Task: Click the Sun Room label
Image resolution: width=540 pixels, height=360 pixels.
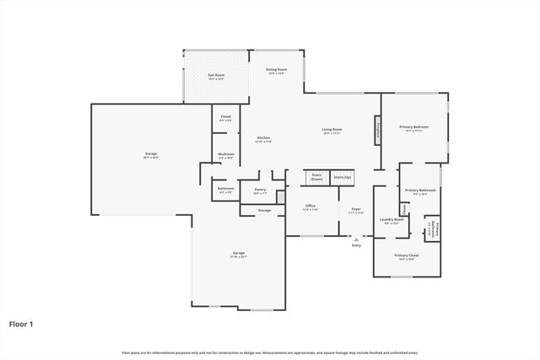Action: pyautogui.click(x=217, y=76)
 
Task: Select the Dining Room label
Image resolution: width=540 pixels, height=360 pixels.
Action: pyautogui.click(x=277, y=71)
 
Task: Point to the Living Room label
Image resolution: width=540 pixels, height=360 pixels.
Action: pyautogui.click(x=332, y=130)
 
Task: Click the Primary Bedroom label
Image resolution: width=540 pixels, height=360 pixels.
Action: pyautogui.click(x=413, y=128)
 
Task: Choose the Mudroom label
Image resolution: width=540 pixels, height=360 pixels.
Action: pyautogui.click(x=225, y=154)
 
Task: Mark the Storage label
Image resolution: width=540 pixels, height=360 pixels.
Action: pyautogui.click(x=264, y=209)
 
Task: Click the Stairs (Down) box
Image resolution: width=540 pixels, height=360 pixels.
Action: pyautogui.click(x=316, y=178)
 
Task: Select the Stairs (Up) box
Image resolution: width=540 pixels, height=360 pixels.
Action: pyautogui.click(x=342, y=178)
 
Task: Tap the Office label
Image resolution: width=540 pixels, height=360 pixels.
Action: pyautogui.click(x=310, y=207)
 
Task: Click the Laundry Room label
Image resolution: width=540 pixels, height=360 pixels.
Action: pyautogui.click(x=391, y=221)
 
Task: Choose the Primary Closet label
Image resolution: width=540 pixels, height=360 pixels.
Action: pyautogui.click(x=407, y=256)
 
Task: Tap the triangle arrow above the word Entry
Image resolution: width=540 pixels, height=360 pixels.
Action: pyautogui.click(x=356, y=239)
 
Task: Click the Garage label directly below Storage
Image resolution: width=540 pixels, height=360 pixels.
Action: pyautogui.click(x=239, y=254)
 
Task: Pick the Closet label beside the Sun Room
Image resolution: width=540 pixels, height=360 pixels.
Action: pyautogui.click(x=225, y=118)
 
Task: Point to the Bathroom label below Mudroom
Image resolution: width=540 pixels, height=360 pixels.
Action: pyautogui.click(x=225, y=190)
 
